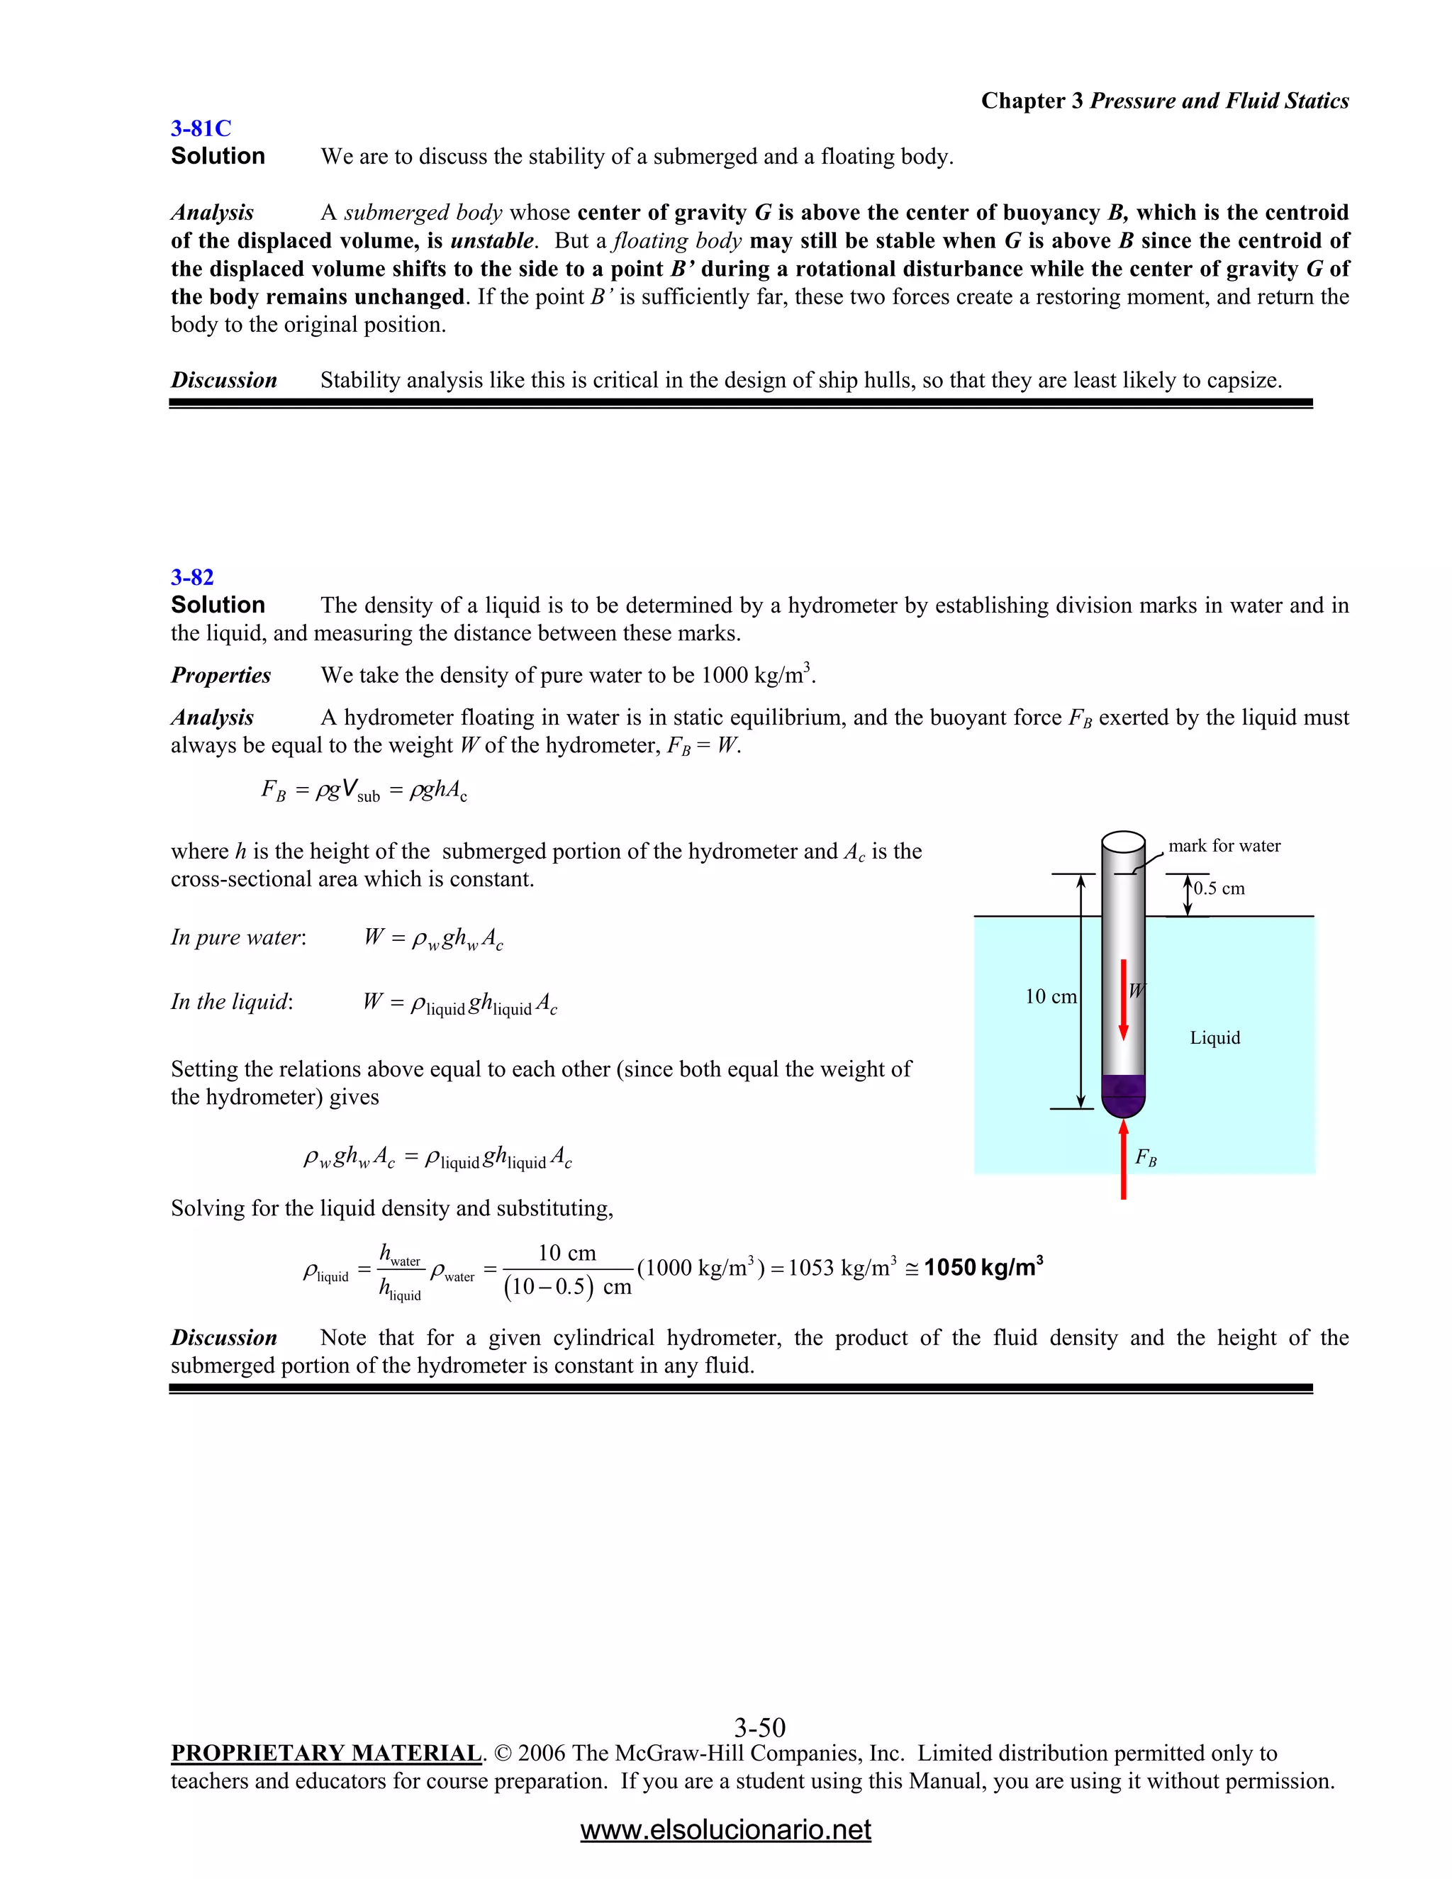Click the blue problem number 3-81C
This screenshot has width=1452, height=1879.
click(201, 128)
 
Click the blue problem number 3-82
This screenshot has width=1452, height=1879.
click(192, 577)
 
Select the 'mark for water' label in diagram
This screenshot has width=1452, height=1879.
click(1224, 846)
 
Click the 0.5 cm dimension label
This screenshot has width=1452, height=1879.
click(1219, 888)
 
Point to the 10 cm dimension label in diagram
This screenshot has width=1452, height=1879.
click(1050, 996)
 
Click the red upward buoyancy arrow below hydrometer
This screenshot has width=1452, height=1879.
click(1124, 1157)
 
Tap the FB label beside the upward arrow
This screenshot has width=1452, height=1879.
click(1146, 1157)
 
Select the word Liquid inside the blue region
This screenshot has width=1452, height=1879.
click(1214, 1037)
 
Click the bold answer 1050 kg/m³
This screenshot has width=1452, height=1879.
click(983, 1267)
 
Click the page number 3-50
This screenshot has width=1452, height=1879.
click(759, 1727)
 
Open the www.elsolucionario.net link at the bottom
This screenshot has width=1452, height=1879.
click(725, 1829)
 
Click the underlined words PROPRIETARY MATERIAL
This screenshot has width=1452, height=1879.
click(326, 1753)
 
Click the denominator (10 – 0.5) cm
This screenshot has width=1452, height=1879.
click(568, 1287)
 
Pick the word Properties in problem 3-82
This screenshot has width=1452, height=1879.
click(221, 675)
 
